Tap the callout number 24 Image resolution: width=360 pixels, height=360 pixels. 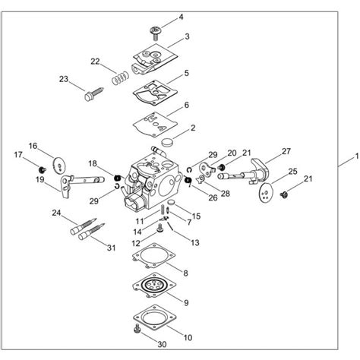55,213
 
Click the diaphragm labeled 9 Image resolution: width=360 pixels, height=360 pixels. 156,291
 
